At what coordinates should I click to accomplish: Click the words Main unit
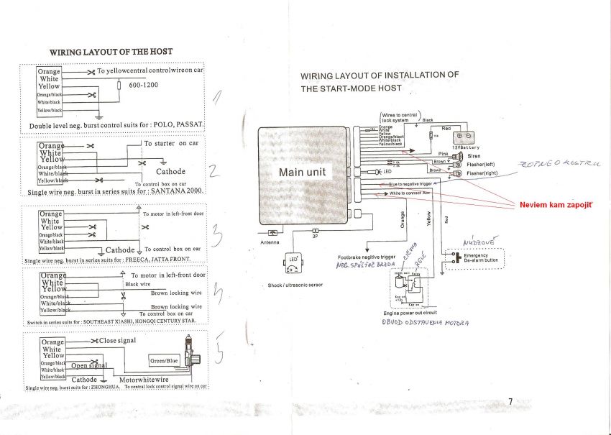[x=302, y=173]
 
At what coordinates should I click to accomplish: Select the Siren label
[x=474, y=156]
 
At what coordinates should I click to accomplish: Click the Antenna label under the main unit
[x=270, y=242]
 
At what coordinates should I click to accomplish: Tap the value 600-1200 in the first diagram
[x=144, y=86]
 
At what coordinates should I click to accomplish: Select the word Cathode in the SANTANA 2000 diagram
[x=170, y=172]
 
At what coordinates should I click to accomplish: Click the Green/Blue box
[x=164, y=360]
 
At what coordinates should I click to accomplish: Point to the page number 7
[x=510, y=402]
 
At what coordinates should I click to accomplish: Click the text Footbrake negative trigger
[x=367, y=257]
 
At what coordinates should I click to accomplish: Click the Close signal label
[x=117, y=340]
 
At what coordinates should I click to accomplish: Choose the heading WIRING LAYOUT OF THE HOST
[x=110, y=52]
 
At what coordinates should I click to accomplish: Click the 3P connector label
[x=315, y=235]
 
